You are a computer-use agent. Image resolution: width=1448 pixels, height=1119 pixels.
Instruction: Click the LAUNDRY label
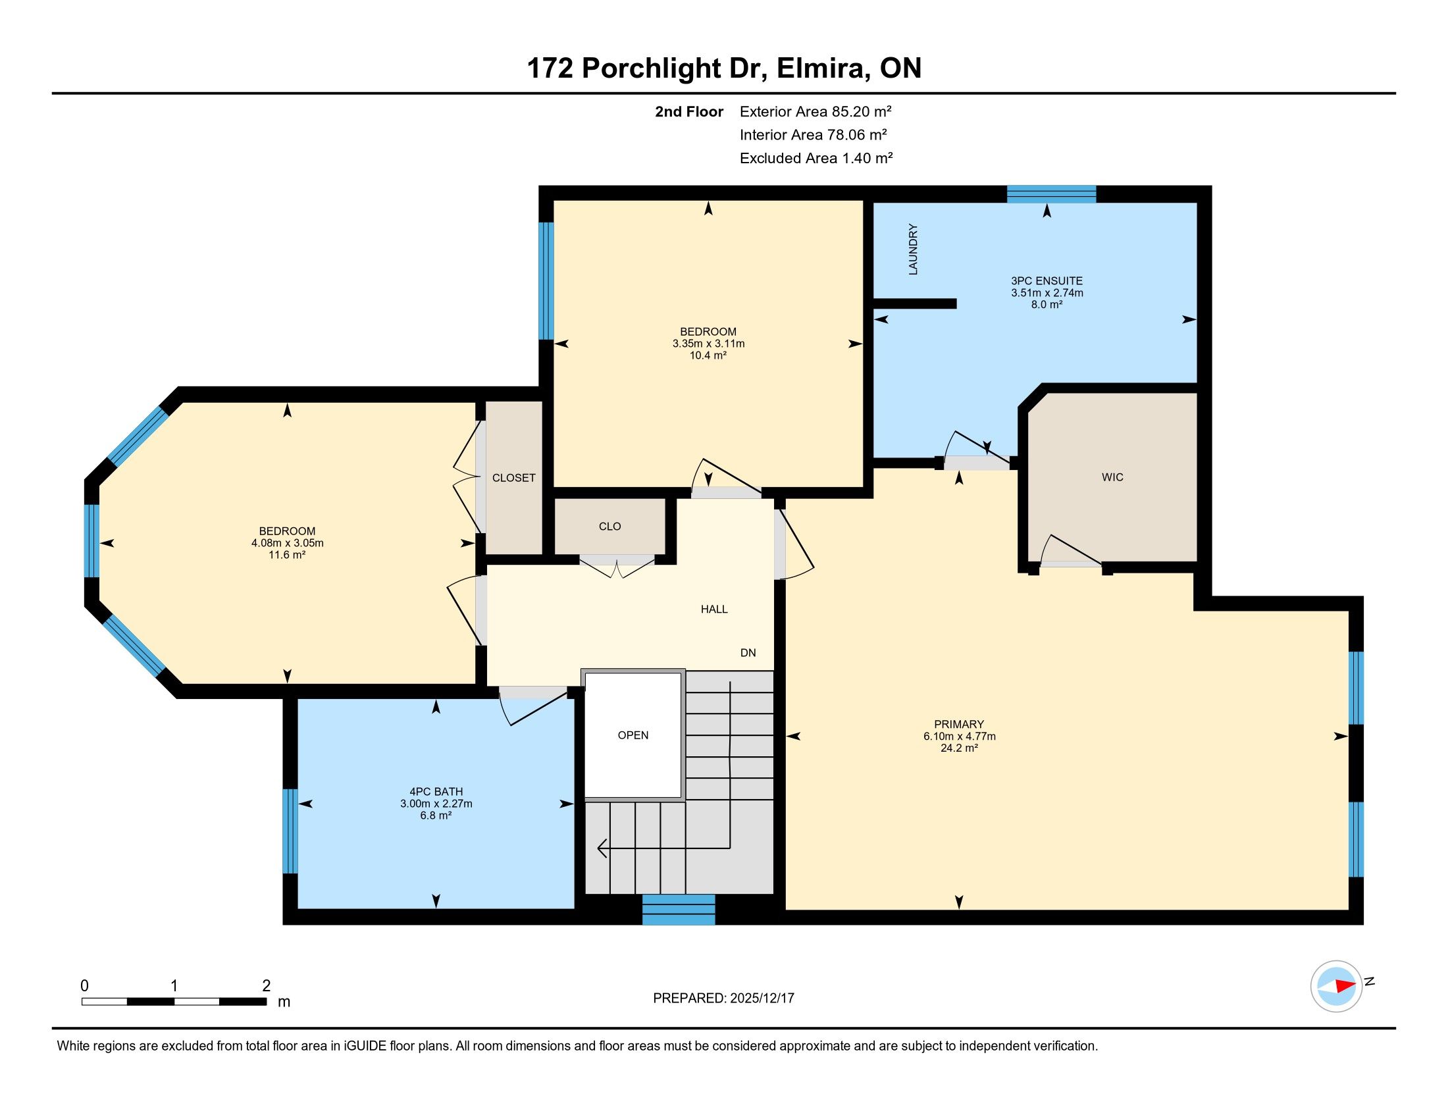coord(913,249)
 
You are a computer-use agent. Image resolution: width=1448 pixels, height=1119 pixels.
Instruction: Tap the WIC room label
coord(1112,477)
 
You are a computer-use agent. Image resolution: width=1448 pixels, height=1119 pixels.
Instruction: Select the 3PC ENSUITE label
coord(1047,281)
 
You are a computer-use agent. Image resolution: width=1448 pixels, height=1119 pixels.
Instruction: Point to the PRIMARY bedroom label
coord(959,724)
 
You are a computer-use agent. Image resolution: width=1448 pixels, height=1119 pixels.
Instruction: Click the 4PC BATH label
coord(436,791)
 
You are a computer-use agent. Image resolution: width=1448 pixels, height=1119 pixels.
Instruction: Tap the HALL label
coord(714,610)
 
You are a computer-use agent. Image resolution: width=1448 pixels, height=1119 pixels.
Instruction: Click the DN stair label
coord(748,653)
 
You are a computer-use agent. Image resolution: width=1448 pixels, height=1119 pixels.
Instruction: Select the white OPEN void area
coord(633,735)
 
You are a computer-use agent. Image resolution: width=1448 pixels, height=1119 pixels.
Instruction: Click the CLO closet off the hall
coord(610,527)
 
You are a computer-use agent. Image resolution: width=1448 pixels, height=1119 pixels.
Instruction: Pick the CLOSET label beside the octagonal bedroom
coord(514,478)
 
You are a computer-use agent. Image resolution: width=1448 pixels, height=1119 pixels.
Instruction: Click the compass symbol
coord(1336,986)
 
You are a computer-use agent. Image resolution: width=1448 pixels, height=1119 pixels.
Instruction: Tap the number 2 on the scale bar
coord(267,986)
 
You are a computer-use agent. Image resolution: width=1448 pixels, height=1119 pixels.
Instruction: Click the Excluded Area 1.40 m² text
coord(816,159)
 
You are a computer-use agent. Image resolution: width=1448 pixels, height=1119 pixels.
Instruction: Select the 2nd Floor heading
coord(689,112)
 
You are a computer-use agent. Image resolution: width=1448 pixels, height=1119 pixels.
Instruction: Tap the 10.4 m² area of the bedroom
coord(708,355)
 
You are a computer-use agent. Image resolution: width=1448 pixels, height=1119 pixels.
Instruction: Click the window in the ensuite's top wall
coord(1052,194)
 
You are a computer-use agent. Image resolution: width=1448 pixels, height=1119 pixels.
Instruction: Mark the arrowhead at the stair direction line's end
coord(602,848)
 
